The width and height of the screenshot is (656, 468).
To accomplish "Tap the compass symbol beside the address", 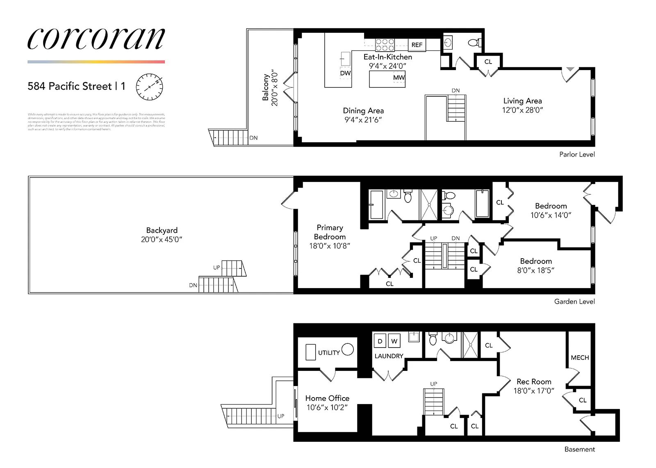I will tap(149, 87).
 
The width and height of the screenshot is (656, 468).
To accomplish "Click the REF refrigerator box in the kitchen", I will tap(417, 45).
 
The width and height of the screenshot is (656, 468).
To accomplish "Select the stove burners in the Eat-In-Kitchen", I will tap(385, 45).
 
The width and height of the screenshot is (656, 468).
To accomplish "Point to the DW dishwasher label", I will tap(345, 73).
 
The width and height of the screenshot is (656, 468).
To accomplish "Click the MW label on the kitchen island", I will tap(399, 77).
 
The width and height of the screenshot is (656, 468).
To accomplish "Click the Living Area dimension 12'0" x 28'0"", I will tap(522, 110).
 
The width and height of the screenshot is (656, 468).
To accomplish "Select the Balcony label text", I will tap(266, 87).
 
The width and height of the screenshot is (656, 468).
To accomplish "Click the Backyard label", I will tap(162, 230).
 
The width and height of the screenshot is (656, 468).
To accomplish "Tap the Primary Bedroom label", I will tap(330, 232).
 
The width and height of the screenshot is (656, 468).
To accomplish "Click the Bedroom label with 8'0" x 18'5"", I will tap(536, 261).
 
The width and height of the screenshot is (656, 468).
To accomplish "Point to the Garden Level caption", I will tap(574, 302).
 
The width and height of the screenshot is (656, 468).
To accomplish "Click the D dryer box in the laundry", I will tap(380, 341).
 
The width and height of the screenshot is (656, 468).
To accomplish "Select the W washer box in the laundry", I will tap(394, 341).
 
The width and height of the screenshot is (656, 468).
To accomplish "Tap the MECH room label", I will tap(579, 358).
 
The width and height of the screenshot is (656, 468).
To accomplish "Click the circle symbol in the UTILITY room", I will tap(348, 349).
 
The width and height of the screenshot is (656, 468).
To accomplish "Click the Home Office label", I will tap(327, 398).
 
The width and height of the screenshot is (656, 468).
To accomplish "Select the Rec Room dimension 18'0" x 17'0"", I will tap(533, 391).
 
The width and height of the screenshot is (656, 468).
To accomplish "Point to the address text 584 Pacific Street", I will tap(70, 86).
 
